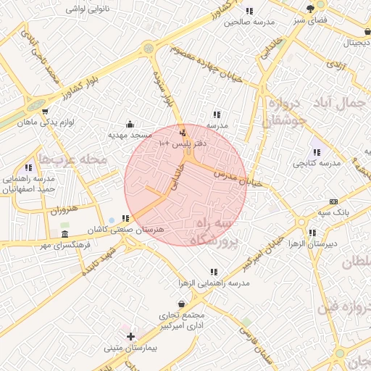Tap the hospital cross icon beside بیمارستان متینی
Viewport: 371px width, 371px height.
pos(130,336)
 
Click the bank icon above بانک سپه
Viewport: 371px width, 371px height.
pos(333,201)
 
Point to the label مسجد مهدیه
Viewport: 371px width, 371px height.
pos(130,135)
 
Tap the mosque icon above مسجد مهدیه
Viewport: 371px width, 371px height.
pos(130,123)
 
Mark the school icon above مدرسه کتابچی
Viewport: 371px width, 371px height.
pos(316,153)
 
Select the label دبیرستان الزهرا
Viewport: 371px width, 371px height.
pos(312,245)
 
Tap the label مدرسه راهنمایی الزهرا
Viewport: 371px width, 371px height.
pos(214,283)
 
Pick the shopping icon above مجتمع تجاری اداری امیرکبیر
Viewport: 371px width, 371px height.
pos(180,303)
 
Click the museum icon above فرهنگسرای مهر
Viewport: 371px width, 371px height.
pos(65,235)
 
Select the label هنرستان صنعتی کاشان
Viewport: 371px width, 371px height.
pos(125,229)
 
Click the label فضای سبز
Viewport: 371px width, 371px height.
pos(310,20)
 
